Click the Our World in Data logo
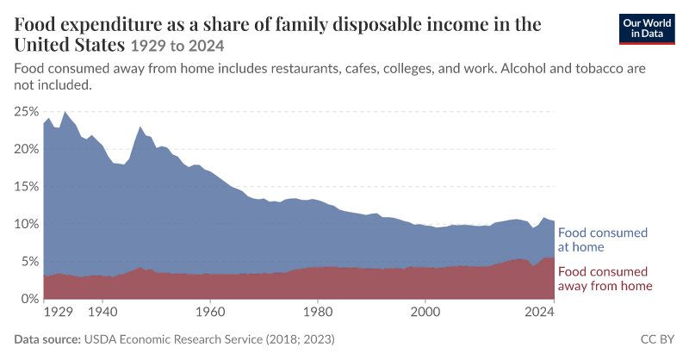click(647, 29)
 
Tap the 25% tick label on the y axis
click(27, 112)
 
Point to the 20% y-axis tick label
click(27, 149)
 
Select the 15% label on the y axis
click(27, 186)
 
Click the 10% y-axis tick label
click(27, 224)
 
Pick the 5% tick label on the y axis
click(30, 262)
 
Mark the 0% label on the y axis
click(30, 299)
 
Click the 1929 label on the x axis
click(59, 312)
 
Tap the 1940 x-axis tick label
click(102, 312)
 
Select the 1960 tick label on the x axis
click(210, 312)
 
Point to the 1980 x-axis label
click(318, 312)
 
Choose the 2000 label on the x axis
click(425, 312)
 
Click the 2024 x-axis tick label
click(540, 312)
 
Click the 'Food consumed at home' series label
click(603, 239)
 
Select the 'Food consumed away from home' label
click(605, 279)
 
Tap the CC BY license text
click(657, 339)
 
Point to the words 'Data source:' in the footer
click(47, 339)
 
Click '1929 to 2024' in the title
click(177, 46)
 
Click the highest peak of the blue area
click(65, 112)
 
